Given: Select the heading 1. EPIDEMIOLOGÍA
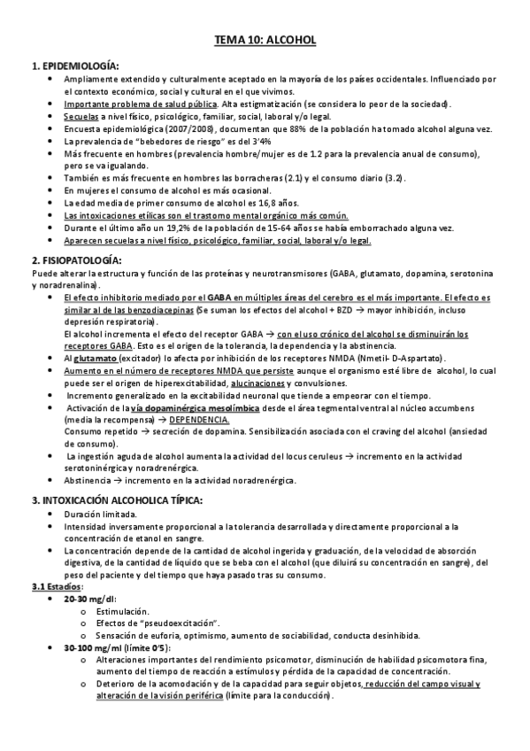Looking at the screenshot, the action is click(75, 66).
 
